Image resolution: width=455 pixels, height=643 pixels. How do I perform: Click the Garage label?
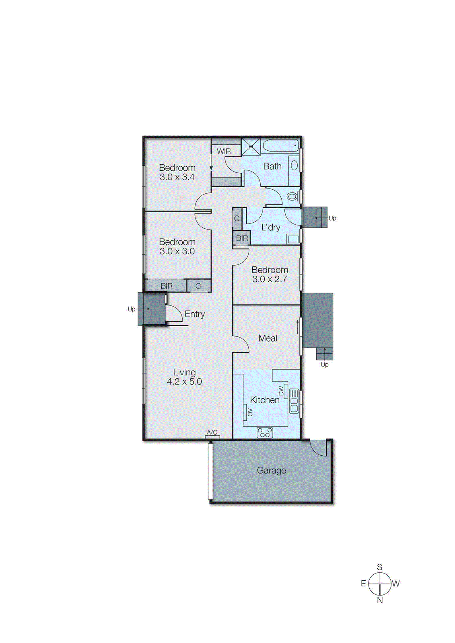271,470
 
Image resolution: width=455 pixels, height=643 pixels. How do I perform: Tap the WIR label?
224,151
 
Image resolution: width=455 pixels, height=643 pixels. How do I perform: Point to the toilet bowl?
292,197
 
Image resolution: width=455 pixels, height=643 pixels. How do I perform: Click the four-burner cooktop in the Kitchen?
265,433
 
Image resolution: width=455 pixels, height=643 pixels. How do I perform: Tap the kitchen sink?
294,401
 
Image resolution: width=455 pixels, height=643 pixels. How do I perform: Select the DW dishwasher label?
281,390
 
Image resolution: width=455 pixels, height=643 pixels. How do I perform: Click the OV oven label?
250,412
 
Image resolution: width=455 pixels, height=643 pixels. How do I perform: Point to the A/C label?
212,432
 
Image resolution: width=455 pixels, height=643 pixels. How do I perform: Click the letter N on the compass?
380,600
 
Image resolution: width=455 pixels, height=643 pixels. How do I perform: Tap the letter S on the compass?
380,567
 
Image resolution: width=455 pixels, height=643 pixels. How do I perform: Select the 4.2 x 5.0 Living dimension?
184,382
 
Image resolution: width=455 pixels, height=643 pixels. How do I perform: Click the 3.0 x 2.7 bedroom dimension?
270,279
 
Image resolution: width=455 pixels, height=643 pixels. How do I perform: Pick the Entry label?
195,314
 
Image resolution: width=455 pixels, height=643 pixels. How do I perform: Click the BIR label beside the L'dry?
242,238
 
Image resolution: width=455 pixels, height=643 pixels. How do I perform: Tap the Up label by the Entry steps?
131,309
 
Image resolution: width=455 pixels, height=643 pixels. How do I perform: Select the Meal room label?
268,338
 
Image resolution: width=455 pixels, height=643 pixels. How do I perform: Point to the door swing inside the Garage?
319,448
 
